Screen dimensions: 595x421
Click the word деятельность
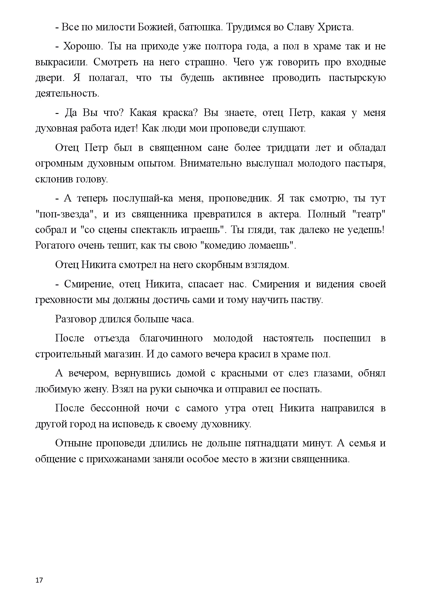pos(67,94)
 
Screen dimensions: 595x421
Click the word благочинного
pos(171,338)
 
